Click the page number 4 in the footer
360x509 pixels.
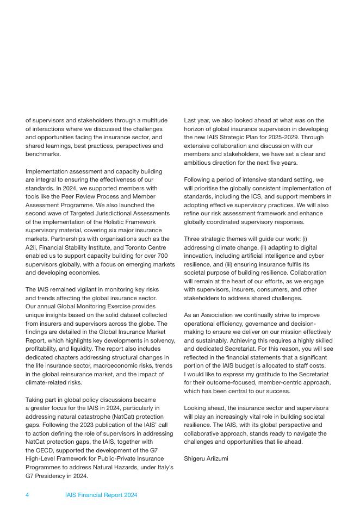[27, 495]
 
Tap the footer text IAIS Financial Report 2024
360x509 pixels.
[101, 495]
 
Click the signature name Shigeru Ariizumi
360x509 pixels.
[206, 458]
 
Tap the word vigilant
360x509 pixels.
[75, 289]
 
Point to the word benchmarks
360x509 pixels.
[43, 154]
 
